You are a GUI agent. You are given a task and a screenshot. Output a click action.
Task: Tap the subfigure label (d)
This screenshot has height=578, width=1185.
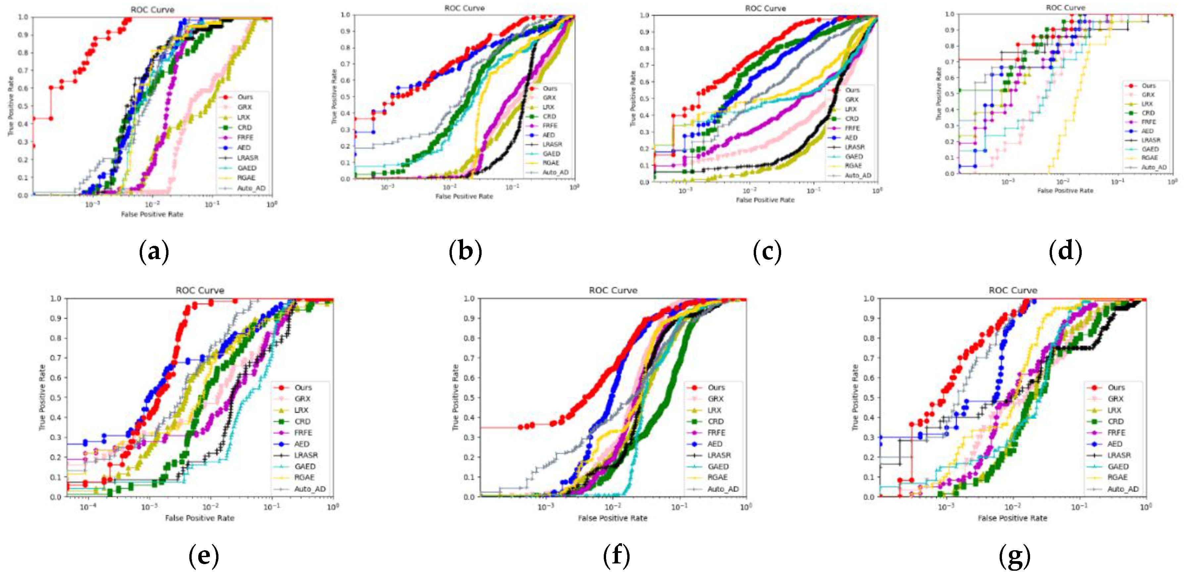tap(1066, 252)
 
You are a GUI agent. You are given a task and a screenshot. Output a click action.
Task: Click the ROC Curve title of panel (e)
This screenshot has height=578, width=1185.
tap(200, 290)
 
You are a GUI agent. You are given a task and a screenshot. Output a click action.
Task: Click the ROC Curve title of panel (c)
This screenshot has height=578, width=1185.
tap(765, 8)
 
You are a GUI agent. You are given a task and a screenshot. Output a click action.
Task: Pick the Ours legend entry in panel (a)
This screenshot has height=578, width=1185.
tap(245, 97)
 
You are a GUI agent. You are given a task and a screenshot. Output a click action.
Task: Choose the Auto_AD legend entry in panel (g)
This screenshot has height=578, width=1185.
tap(1122, 489)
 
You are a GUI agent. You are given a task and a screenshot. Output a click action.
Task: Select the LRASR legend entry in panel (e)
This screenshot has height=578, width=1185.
tap(306, 455)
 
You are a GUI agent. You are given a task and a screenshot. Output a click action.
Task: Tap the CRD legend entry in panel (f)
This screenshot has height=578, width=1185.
tap(715, 421)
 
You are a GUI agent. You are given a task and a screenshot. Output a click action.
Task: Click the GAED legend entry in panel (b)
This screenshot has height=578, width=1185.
tap(551, 154)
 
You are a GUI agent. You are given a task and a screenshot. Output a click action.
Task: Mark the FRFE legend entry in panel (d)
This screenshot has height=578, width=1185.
tap(1148, 122)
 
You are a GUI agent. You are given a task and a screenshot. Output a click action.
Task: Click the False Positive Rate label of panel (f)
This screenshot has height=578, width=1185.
tap(612, 518)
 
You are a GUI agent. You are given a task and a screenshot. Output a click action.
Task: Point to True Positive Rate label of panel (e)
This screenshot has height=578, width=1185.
tap(42, 397)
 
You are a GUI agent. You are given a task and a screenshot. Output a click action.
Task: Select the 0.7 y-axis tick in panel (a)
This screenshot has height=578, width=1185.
tap(23, 70)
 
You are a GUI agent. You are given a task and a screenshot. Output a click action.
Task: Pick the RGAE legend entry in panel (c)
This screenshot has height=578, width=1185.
tap(853, 165)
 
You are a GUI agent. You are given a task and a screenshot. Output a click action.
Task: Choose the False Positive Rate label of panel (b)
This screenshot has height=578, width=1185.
tap(464, 196)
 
